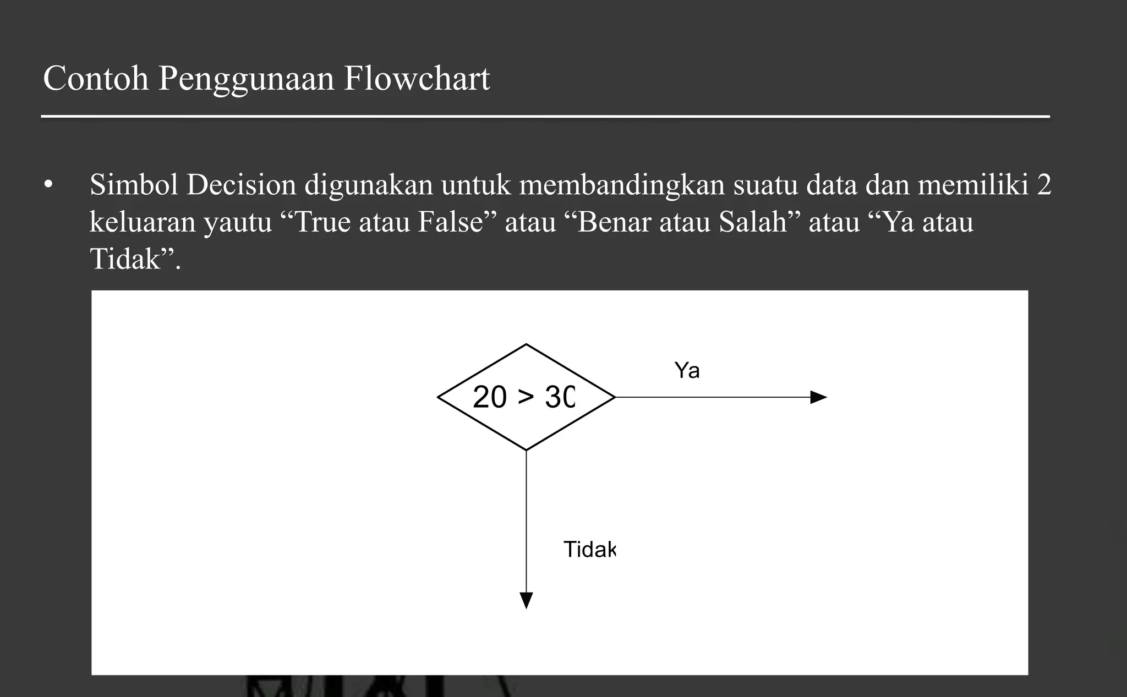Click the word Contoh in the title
[x=96, y=79]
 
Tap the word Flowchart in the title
[x=417, y=79]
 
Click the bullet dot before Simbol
[x=49, y=185]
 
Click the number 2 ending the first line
[x=1044, y=185]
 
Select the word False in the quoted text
[x=450, y=222]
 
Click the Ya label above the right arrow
[x=687, y=371]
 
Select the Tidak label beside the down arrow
[x=589, y=550]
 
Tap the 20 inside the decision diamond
[x=489, y=397]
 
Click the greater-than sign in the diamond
[x=526, y=397]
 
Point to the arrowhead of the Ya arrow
[x=819, y=397]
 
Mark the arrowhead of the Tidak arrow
[x=526, y=600]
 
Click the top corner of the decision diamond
[x=526, y=345]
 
